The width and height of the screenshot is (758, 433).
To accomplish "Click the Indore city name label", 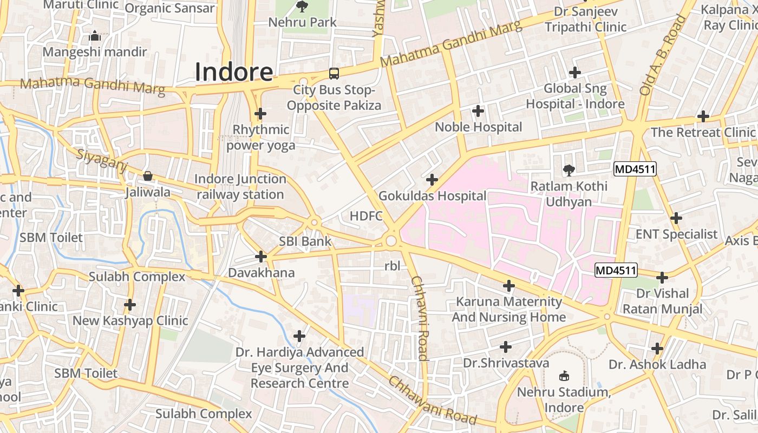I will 233,72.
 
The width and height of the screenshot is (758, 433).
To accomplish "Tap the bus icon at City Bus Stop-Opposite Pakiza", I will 334,74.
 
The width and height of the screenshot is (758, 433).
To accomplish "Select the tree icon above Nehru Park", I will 302,6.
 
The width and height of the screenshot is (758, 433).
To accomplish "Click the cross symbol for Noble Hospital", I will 478,111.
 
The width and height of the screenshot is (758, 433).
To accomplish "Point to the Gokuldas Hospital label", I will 432,196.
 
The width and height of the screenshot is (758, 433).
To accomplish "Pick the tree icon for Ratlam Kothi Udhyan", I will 568,170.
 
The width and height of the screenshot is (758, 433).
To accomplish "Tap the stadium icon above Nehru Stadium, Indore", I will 564,376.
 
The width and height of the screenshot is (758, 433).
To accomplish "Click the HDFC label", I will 366,216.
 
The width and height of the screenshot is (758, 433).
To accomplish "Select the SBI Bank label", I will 305,241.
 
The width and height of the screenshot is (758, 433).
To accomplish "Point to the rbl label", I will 391,266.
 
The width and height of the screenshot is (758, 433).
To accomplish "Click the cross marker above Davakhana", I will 261,256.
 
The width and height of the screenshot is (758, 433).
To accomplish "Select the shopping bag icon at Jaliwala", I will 147,176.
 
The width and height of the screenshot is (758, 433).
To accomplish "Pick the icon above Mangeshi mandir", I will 95,36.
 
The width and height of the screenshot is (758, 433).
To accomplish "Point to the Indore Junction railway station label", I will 240,187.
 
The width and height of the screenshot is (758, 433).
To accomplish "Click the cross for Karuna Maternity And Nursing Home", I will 508,285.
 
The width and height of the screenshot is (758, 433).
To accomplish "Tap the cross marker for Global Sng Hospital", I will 575,72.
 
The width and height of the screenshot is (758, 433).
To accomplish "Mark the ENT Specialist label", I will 676,234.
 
